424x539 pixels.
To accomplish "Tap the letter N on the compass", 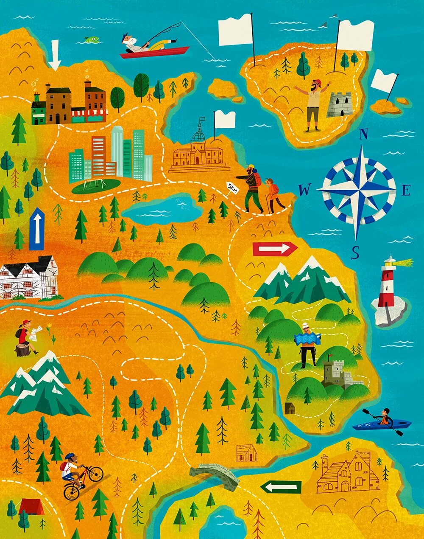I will coord(363,135).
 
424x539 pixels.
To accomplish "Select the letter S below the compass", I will coord(355,253).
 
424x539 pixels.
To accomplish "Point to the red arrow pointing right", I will coord(275,249).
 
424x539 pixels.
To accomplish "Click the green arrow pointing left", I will coord(281,487).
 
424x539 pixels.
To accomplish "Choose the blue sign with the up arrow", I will coord(37,229).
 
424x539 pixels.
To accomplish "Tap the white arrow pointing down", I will coord(54,55).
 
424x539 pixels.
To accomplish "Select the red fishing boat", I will coord(155,52).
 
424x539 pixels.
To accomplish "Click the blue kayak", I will coord(382,424).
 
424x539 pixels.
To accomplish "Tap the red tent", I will coord(31,506).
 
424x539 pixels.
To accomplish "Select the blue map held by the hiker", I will coord(307,338).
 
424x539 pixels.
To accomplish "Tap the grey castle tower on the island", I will coord(340,104).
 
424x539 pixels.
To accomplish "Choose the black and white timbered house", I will coord(29,278).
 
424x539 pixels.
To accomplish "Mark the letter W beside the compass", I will coord(304,191).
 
